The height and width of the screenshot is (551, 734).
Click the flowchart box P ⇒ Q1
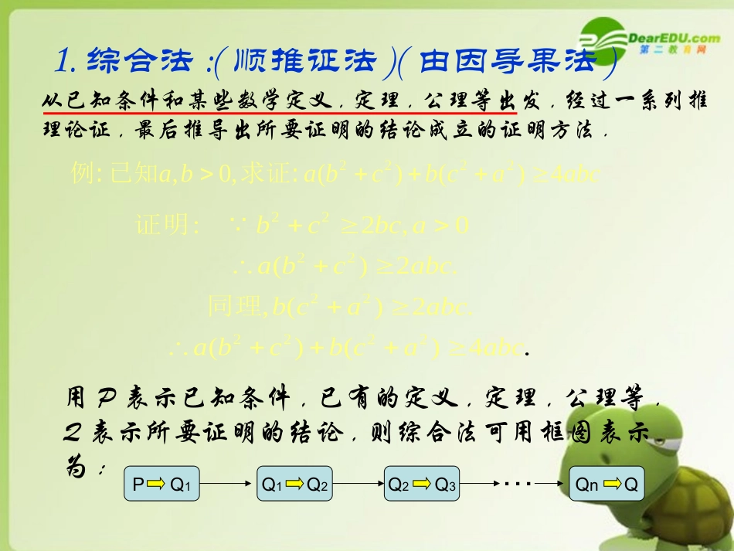point(161,485)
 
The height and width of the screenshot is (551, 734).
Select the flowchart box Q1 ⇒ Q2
point(295,485)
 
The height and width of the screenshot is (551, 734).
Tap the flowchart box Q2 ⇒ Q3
point(423,485)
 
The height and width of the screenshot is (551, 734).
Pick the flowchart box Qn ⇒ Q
point(607,485)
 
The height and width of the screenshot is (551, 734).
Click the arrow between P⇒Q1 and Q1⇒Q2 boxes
point(228,485)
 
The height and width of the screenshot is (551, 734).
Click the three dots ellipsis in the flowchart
point(517,484)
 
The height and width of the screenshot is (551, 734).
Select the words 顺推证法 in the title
point(309,60)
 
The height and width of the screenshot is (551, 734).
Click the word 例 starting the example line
point(81,174)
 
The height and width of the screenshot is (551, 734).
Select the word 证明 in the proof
point(161,225)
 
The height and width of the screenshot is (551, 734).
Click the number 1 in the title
point(65,60)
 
